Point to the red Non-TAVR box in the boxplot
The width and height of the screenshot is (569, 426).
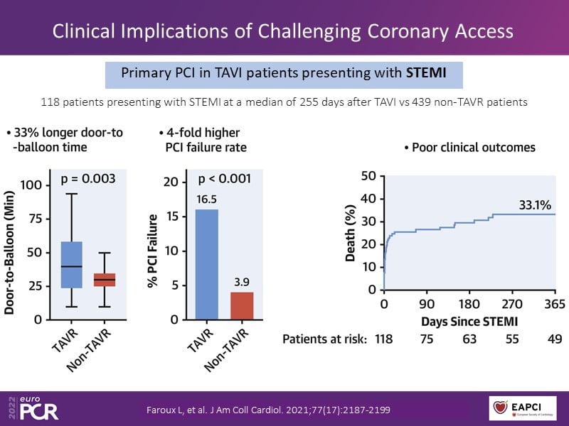pos(105,280)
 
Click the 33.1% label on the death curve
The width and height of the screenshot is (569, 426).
pos(533,206)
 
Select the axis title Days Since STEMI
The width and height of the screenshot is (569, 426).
pos(470,321)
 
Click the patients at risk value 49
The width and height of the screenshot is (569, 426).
pos(555,339)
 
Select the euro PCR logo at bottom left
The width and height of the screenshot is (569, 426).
pos(33,408)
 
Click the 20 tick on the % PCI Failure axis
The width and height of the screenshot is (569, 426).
pos(170,182)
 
